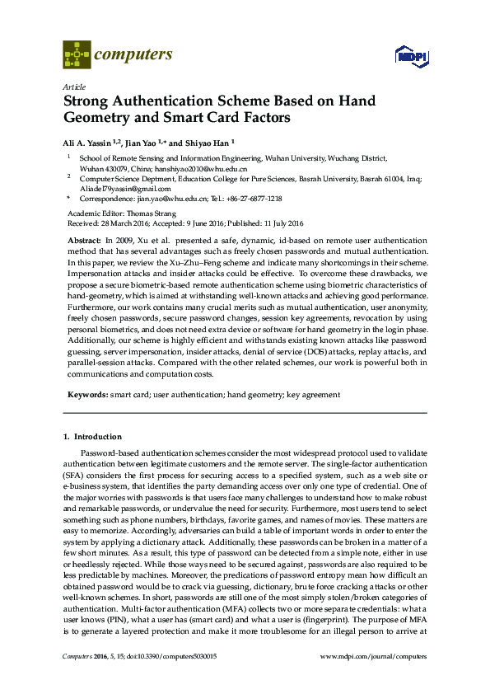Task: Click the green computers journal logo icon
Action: pos(77,56)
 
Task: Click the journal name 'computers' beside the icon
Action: pos(133,55)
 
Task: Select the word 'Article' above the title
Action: pos(72,86)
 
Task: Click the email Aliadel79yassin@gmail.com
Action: pos(125,188)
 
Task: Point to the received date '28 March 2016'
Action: pos(124,223)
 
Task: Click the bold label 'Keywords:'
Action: pos(86,395)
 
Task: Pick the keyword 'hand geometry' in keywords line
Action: pos(254,395)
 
